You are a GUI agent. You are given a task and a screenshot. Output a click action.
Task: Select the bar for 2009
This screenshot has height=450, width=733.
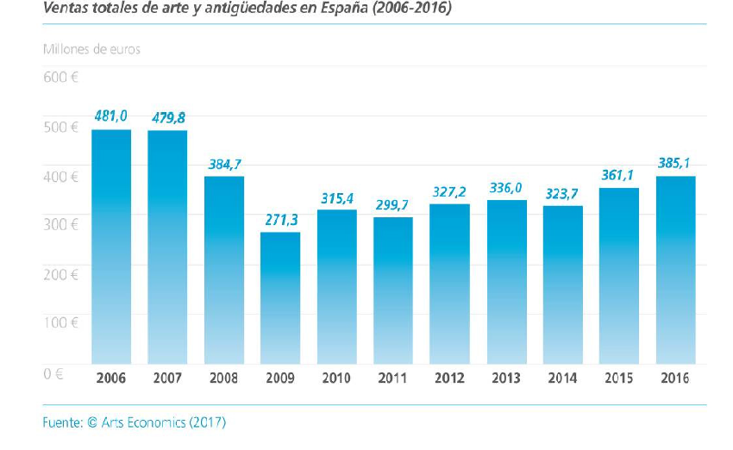(280, 297)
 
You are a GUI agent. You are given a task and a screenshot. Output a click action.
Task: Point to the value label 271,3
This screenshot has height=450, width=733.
(280, 220)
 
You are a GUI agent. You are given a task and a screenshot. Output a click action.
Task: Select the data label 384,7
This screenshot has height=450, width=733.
(224, 164)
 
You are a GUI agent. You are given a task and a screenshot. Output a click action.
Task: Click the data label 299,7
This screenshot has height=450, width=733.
(393, 204)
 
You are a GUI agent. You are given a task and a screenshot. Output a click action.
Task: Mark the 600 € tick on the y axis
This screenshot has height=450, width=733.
(60, 77)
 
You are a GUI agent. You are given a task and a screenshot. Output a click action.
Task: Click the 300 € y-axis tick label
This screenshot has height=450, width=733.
(60, 224)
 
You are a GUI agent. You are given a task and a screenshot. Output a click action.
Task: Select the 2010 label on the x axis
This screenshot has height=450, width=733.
(337, 378)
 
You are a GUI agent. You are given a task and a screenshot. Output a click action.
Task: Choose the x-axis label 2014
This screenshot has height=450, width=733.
(562, 378)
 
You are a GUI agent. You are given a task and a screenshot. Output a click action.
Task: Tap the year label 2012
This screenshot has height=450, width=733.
(449, 378)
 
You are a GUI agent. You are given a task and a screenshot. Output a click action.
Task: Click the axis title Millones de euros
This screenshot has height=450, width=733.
(91, 49)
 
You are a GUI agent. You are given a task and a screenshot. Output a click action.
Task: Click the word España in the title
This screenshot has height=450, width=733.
(345, 9)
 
